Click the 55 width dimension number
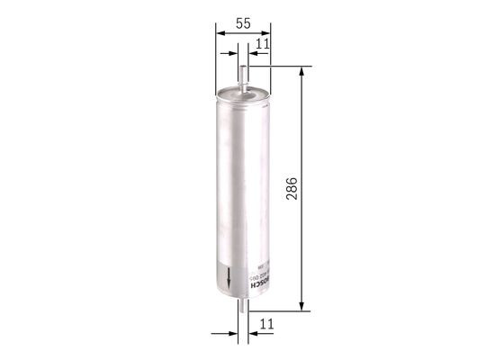pos(243,24)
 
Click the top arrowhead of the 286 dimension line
pos(301,72)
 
